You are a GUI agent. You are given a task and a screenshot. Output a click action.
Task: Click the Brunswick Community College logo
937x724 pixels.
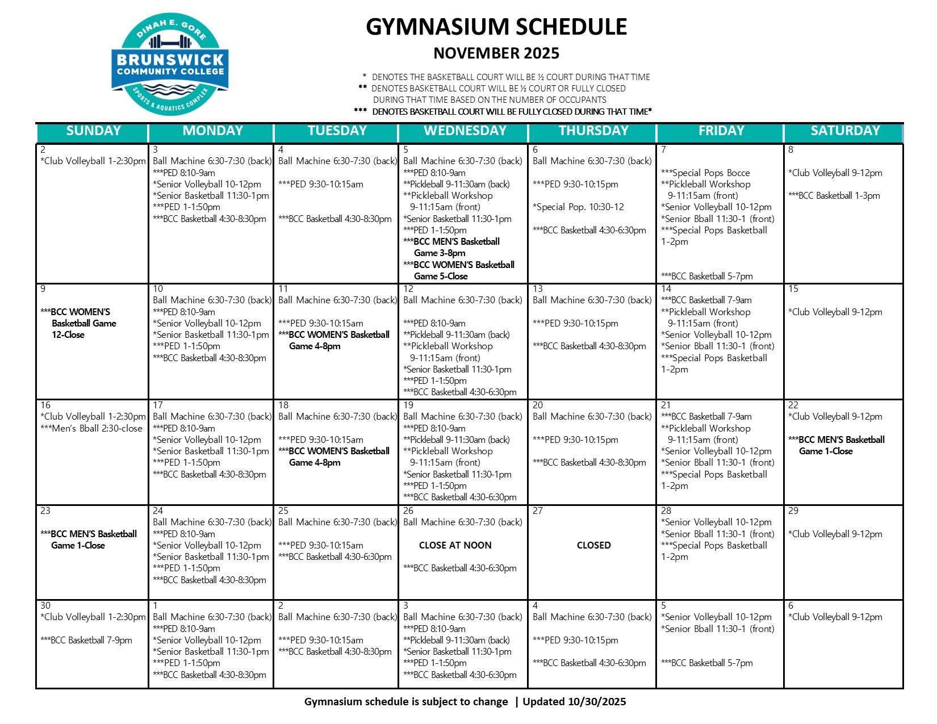[x=170, y=64]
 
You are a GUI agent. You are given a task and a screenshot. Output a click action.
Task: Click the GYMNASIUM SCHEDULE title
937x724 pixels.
[x=496, y=27]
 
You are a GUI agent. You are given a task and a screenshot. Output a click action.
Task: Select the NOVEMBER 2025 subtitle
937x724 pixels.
[x=496, y=53]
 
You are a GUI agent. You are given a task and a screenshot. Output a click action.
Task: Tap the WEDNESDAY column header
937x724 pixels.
[x=465, y=131]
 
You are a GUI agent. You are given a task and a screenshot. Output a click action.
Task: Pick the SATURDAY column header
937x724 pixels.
[x=845, y=131]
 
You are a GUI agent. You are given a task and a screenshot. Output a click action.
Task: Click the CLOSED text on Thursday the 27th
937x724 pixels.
[x=593, y=545]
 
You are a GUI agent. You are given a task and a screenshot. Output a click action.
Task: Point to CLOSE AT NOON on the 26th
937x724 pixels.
[x=455, y=545]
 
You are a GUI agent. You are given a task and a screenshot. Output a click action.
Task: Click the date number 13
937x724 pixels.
[x=538, y=289]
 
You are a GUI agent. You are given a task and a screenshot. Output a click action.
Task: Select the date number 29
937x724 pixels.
[x=793, y=511]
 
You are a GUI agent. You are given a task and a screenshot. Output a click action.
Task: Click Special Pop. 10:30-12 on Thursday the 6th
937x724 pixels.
[x=578, y=207]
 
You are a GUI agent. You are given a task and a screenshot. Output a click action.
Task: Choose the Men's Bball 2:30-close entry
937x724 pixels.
[x=91, y=429]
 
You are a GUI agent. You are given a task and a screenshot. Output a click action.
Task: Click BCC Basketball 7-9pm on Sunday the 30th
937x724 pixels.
[x=86, y=641]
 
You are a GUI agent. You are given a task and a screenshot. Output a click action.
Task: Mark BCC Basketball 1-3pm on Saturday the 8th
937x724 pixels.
[x=834, y=196]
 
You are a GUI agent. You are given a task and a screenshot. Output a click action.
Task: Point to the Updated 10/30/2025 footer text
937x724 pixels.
[x=574, y=702]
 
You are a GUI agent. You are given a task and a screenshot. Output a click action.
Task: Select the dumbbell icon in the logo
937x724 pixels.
[x=170, y=41]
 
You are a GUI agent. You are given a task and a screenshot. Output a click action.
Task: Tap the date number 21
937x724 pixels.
[x=666, y=405]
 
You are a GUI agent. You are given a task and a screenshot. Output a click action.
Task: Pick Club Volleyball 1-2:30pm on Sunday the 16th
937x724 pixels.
[x=93, y=417]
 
